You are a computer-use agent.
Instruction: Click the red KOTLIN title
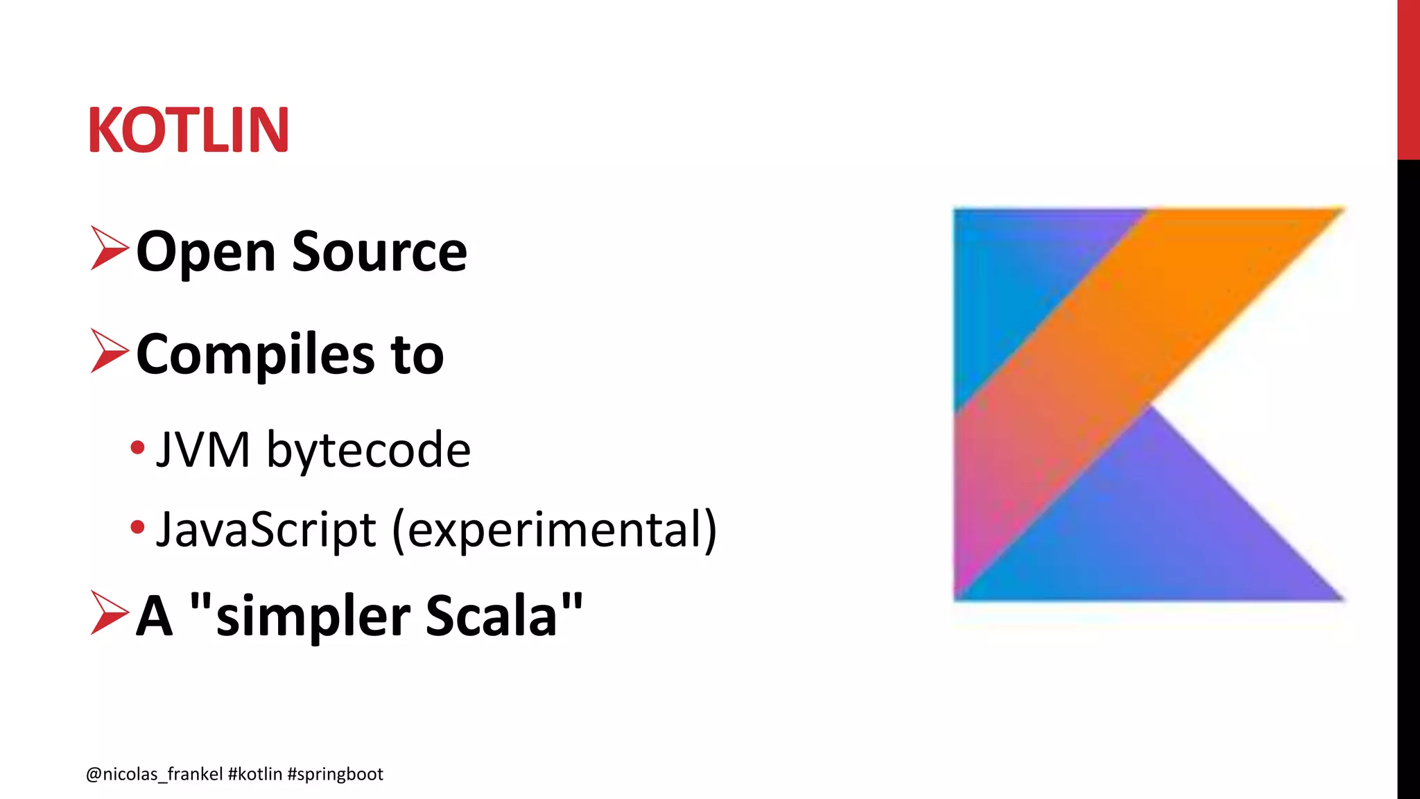(188, 130)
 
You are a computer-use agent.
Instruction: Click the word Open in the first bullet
(205, 252)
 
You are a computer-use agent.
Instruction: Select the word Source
(379, 252)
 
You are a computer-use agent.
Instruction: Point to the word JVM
(203, 450)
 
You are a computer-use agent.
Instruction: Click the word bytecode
(368, 450)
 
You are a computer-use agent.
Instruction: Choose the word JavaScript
(266, 529)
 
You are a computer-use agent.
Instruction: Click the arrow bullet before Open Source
(110, 248)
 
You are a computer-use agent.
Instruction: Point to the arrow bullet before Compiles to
(110, 351)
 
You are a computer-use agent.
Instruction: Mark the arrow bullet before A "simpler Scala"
(110, 612)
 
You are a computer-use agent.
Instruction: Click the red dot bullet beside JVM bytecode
(137, 448)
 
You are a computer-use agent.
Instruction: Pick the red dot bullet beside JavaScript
(137, 527)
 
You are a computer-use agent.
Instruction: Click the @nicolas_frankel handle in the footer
(154, 774)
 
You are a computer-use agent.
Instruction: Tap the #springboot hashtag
(335, 774)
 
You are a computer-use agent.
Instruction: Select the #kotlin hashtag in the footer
(254, 774)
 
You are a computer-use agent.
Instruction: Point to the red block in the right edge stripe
(1408, 80)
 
